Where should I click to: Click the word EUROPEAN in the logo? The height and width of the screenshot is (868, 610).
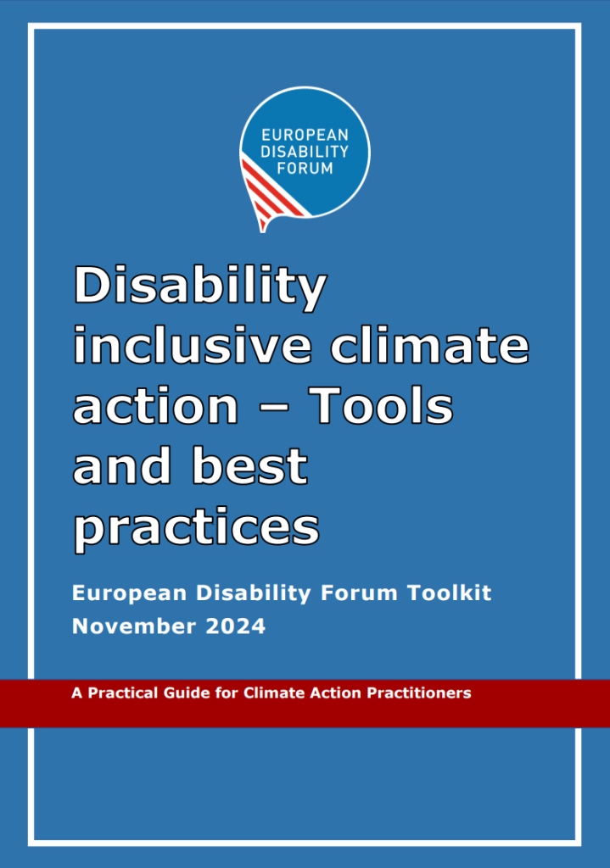pyautogui.click(x=305, y=135)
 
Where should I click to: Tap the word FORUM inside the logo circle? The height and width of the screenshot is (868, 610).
pyautogui.click(x=305, y=169)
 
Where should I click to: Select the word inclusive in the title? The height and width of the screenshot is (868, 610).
pyautogui.click(x=193, y=345)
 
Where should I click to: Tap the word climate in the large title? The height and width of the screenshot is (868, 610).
pyautogui.click(x=430, y=345)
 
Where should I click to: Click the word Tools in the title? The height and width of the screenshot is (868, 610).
pyautogui.click(x=381, y=405)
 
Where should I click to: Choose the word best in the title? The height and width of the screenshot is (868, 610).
pyautogui.click(x=249, y=465)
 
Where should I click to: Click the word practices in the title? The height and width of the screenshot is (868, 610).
pyautogui.click(x=197, y=529)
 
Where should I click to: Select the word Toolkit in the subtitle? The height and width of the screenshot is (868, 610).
pyautogui.click(x=450, y=593)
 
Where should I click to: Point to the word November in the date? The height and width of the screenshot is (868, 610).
pyautogui.click(x=134, y=626)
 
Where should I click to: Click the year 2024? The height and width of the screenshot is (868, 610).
pyautogui.click(x=236, y=626)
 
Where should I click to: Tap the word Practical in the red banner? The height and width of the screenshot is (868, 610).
pyautogui.click(x=123, y=693)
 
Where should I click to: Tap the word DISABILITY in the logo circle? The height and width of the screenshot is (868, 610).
pyautogui.click(x=305, y=152)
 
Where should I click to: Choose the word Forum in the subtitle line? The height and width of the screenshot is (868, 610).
pyautogui.click(x=359, y=593)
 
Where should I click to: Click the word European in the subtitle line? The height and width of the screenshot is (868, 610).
pyautogui.click(x=130, y=594)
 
